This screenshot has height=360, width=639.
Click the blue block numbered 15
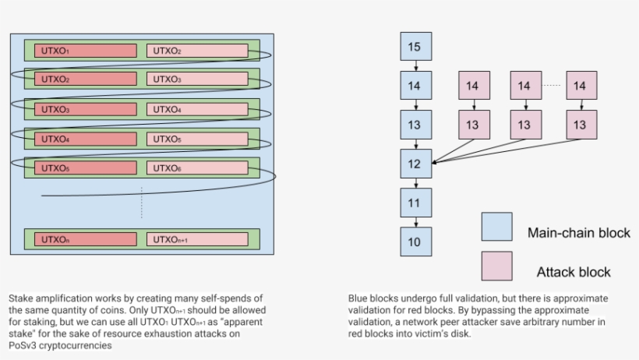(x=415, y=47)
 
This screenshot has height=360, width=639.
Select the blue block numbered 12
(x=415, y=163)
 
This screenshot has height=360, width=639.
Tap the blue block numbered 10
(x=415, y=242)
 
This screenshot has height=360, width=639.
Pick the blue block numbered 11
(x=415, y=203)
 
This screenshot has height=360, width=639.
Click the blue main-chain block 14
(x=415, y=86)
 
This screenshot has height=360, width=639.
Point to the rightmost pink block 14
(x=580, y=86)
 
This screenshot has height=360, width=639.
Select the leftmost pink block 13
(x=472, y=125)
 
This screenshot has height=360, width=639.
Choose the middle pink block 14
(x=525, y=86)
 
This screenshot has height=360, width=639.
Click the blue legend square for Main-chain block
(x=496, y=226)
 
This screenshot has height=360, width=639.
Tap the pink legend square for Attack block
(x=496, y=266)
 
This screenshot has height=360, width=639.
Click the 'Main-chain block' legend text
(x=577, y=233)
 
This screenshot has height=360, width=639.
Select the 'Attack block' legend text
(x=573, y=272)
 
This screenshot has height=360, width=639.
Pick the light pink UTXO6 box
(x=197, y=168)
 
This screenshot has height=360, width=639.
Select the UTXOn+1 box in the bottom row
(x=197, y=239)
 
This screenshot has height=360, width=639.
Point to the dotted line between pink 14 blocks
(x=553, y=85)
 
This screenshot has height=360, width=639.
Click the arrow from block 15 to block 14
(x=415, y=66)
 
